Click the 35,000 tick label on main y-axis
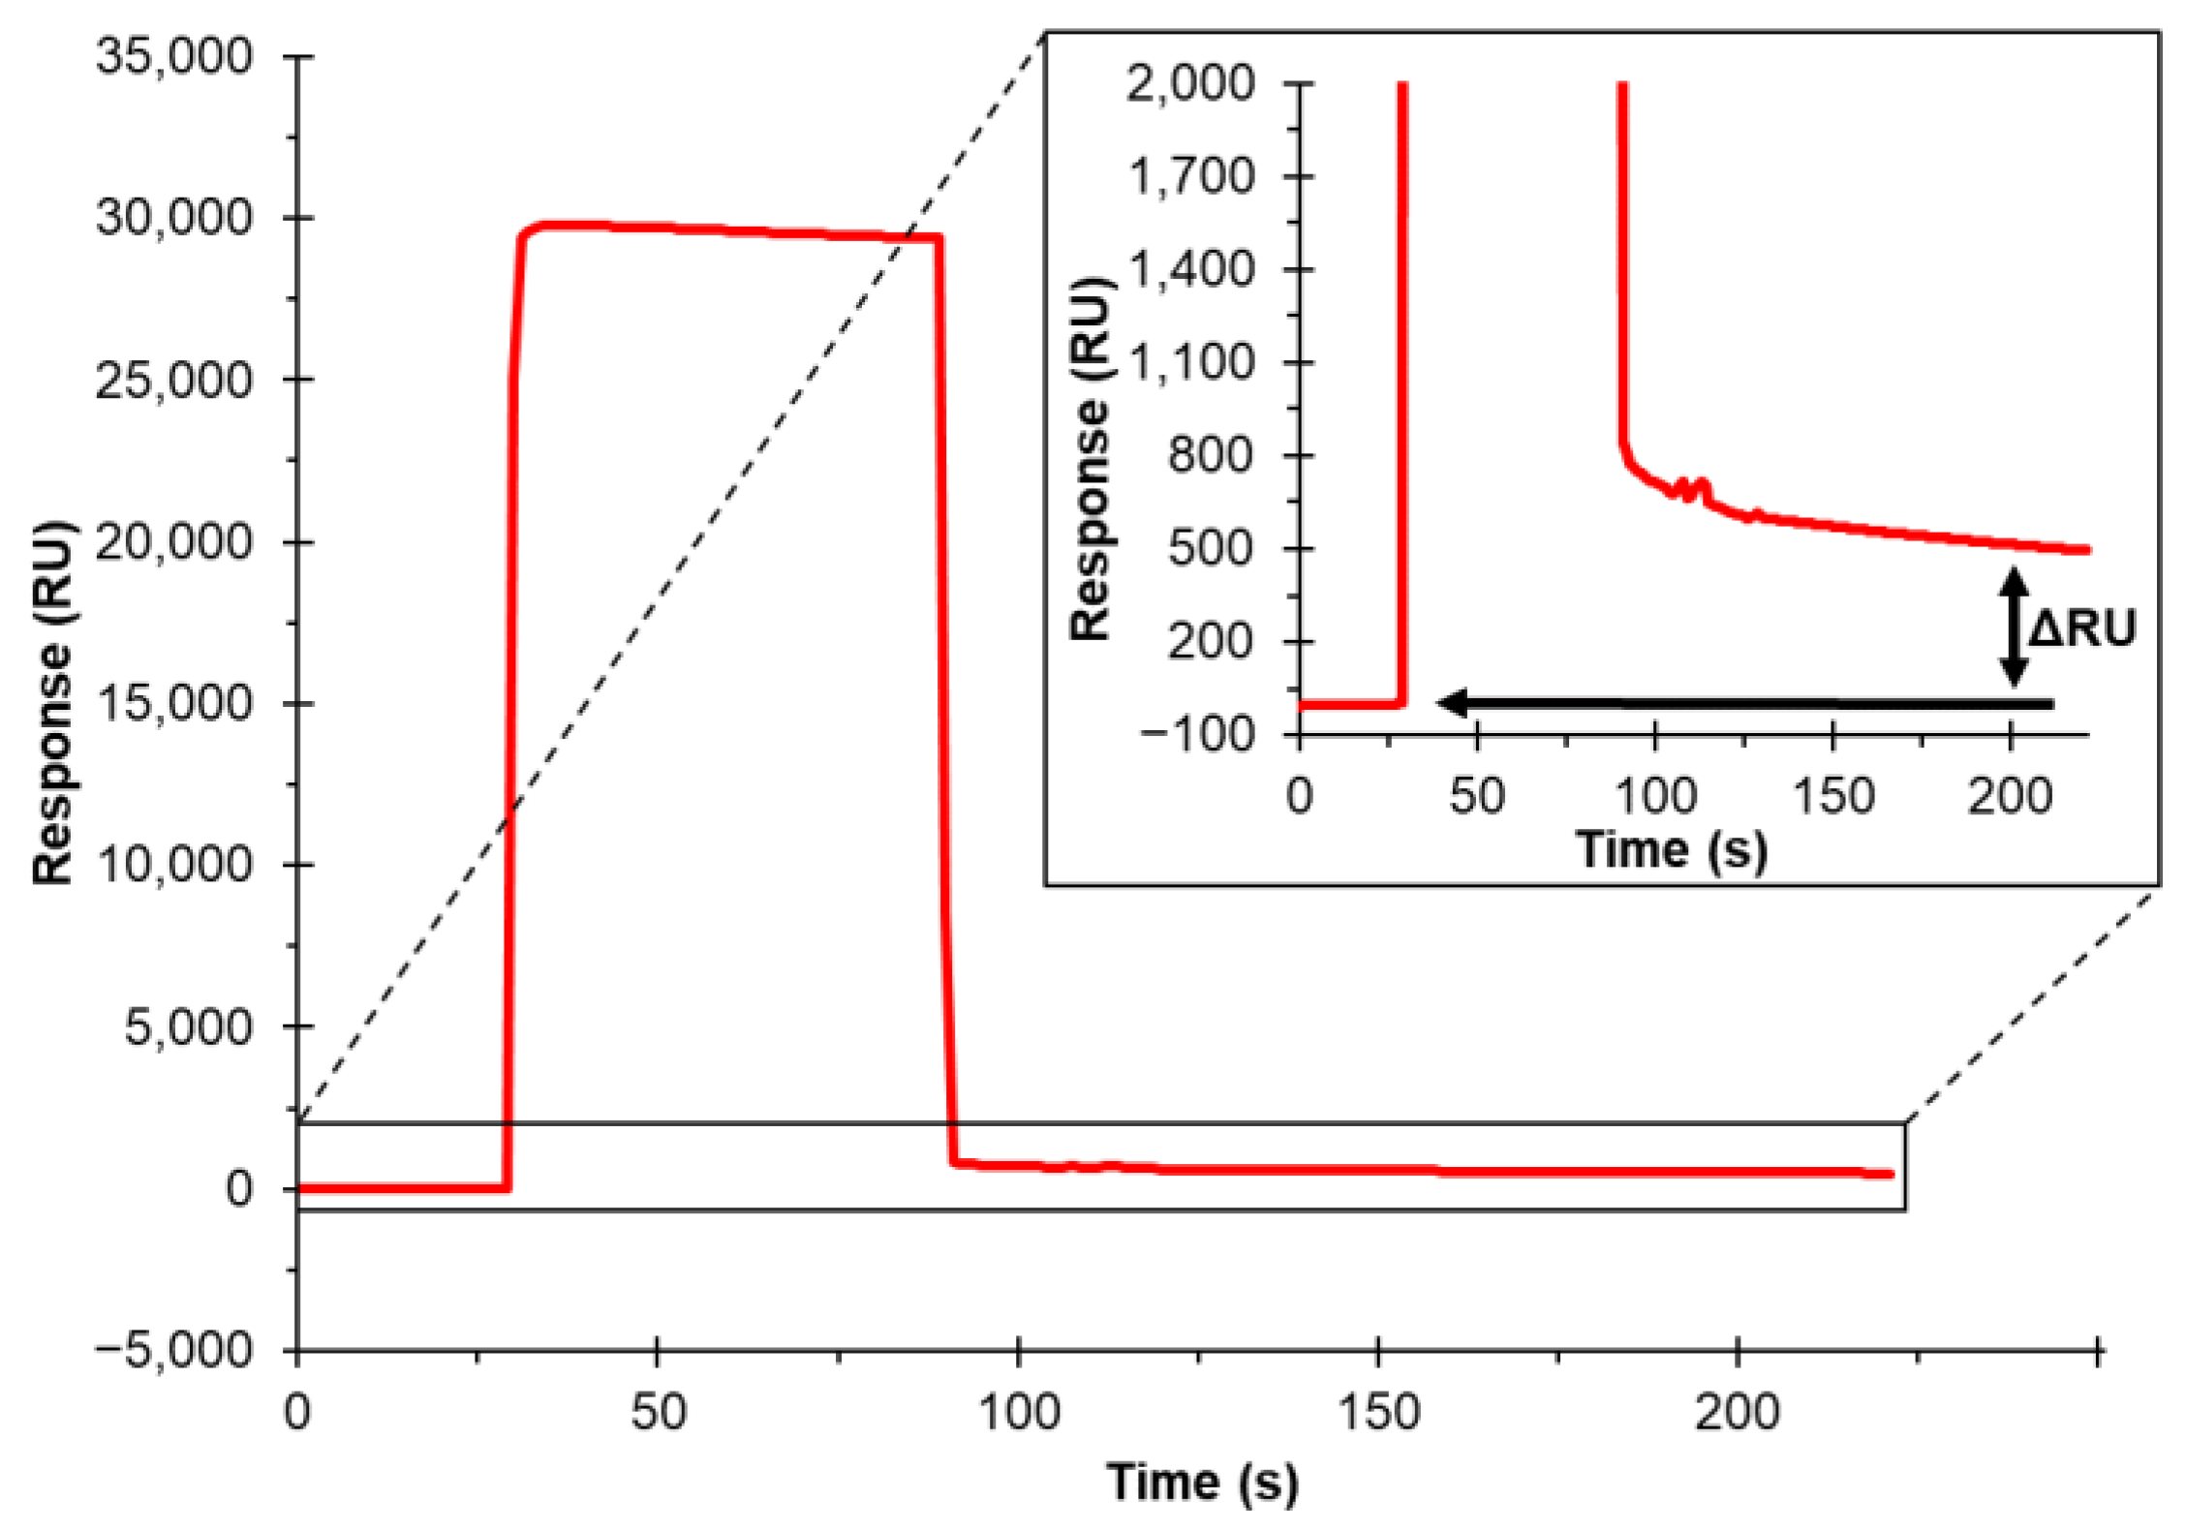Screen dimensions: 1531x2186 pyautogui.click(x=174, y=56)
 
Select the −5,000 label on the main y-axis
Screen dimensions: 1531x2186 pyautogui.click(x=174, y=1349)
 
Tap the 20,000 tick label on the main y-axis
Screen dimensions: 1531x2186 pyautogui.click(x=174, y=541)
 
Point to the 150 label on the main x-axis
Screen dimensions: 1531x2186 pyautogui.click(x=1378, y=1412)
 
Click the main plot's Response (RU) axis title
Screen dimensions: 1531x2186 pyautogui.click(x=53, y=703)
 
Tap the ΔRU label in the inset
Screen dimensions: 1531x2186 pyautogui.click(x=2082, y=628)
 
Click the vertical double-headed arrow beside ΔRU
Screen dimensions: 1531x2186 pyautogui.click(x=2015, y=628)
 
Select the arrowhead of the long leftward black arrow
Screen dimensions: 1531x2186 pyautogui.click(x=1453, y=703)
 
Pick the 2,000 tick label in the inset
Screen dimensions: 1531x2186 pyautogui.click(x=1189, y=83)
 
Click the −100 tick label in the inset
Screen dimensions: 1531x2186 pyautogui.click(x=1196, y=734)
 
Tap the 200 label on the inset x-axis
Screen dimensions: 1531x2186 pyautogui.click(x=2010, y=796)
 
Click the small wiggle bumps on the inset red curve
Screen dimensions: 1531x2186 pyautogui.click(x=1690, y=488)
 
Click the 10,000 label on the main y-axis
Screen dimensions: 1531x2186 pyautogui.click(x=174, y=864)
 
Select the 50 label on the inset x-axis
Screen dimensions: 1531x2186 pyautogui.click(x=1476, y=796)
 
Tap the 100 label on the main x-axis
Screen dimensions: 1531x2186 pyautogui.click(x=1019, y=1412)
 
